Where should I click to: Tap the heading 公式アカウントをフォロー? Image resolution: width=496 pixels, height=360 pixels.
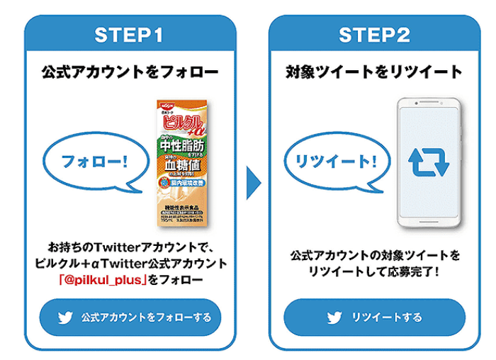pos(131,72)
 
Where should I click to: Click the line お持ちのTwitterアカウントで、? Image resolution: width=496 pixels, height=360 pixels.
pos(131,247)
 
